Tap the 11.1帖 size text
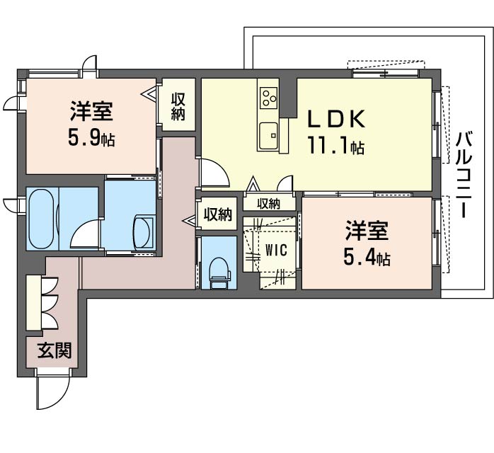335,147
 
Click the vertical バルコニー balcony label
464,173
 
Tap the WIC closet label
276,250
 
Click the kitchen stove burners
269,96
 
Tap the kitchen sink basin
268,134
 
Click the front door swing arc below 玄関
53,393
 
